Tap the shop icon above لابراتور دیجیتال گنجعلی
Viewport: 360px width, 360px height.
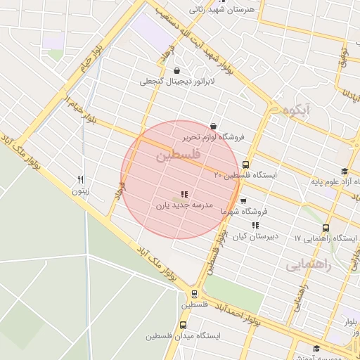pos(175,71)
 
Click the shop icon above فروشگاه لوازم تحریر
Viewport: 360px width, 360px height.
pos(213,126)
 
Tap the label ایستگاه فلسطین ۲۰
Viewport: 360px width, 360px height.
pos(245,174)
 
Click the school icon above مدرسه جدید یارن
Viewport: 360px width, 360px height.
pos(184,194)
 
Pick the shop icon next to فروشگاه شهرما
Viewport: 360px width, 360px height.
pos(243,201)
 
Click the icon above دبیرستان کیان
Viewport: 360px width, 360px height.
pos(255,226)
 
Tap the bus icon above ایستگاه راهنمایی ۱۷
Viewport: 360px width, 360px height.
pos(326,228)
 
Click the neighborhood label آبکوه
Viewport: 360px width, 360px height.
pos(297,110)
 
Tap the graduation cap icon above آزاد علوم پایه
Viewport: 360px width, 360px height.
pos(344,172)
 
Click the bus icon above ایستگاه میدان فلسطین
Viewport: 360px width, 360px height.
pos(184,325)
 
